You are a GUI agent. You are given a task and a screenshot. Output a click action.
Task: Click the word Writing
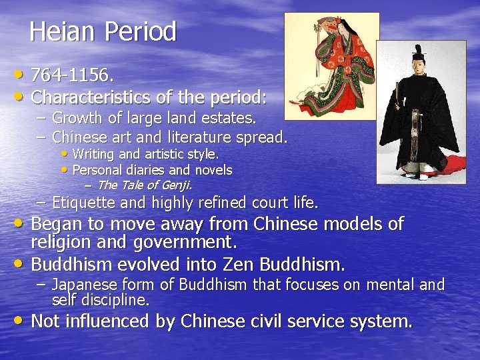pos(93,154)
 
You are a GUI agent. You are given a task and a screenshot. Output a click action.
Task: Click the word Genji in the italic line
pos(175,185)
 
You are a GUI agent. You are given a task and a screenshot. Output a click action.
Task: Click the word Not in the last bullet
pos(47,321)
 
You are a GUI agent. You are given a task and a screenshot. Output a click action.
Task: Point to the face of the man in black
pos(418,66)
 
